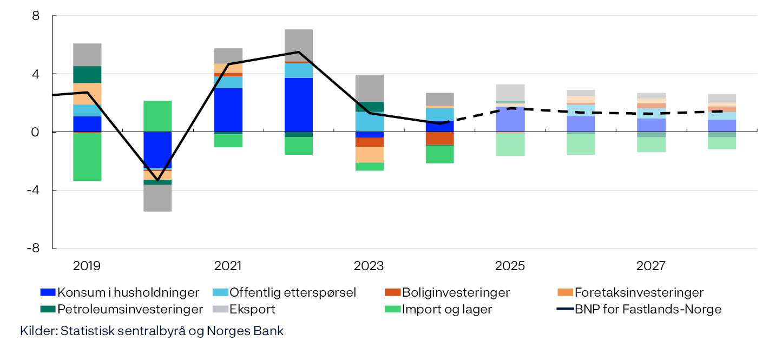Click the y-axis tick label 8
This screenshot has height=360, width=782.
(x=36, y=16)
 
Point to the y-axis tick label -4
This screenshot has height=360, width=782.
(x=34, y=190)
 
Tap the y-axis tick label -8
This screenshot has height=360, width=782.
(x=34, y=248)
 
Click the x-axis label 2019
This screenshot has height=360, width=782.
(x=87, y=266)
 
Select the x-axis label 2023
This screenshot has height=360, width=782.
(x=369, y=266)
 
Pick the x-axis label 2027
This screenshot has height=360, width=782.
(x=650, y=266)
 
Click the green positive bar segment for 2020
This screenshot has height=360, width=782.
(x=157, y=116)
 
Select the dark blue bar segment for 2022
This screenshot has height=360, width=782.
(x=298, y=104)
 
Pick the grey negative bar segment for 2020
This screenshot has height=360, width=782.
(x=157, y=198)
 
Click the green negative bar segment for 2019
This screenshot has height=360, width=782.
(x=87, y=156)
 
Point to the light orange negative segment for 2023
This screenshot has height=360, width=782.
(x=369, y=154)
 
